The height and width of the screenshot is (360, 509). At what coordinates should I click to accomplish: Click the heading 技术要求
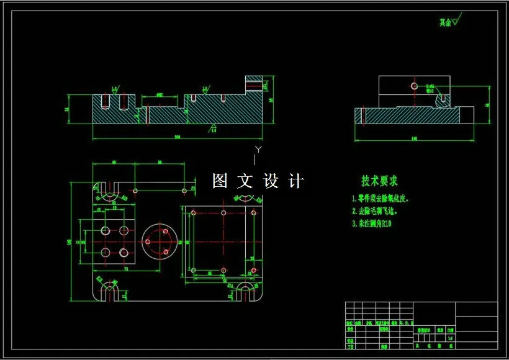pyautogui.click(x=379, y=181)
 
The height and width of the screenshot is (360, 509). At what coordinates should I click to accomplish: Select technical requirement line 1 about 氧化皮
pyautogui.click(x=381, y=200)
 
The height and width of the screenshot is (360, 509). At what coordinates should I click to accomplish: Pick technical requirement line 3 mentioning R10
pyautogui.click(x=373, y=222)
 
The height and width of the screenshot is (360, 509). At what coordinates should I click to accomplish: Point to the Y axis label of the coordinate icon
pyautogui.click(x=259, y=150)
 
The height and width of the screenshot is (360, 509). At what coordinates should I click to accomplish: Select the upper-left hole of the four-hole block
pyautogui.click(x=104, y=231)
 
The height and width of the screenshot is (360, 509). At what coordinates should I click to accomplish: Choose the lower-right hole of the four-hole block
pyautogui.click(x=124, y=252)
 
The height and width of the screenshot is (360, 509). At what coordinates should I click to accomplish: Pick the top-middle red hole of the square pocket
pyautogui.click(x=223, y=212)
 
